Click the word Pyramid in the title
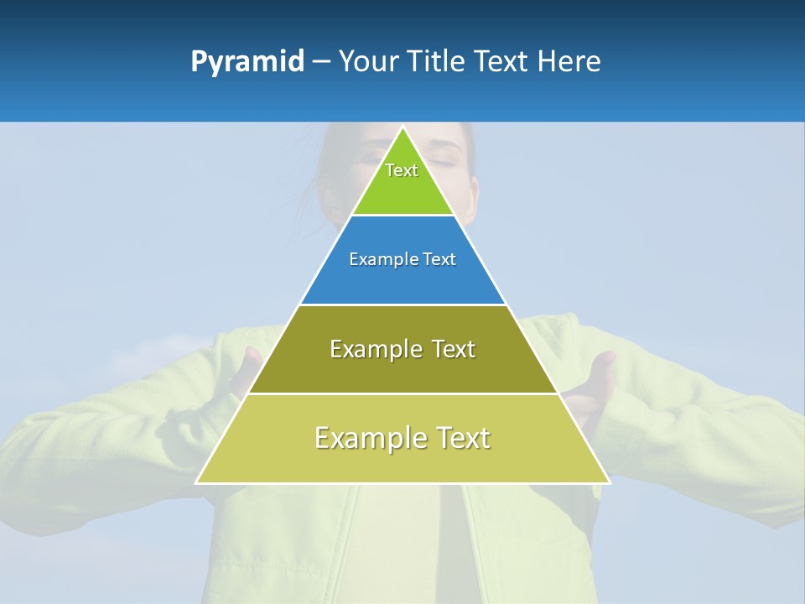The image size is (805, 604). point(247,62)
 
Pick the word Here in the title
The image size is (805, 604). point(569,61)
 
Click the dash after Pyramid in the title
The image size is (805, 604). point(320,62)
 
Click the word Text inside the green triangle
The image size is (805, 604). point(402,170)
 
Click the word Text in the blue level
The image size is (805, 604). point(439,260)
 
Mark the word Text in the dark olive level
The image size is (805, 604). point(454,349)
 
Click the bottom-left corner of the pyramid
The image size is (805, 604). point(197,482)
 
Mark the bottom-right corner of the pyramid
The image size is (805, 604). point(609,482)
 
